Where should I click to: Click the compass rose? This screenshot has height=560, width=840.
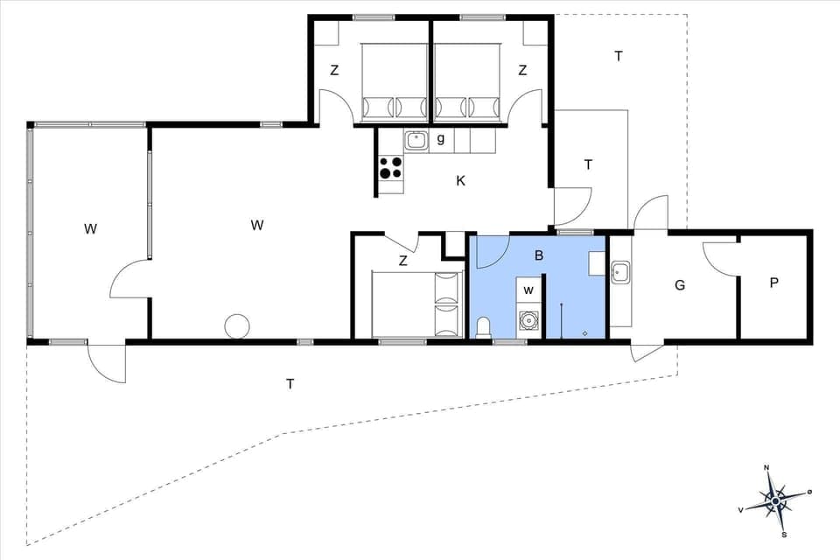click(x=775, y=501)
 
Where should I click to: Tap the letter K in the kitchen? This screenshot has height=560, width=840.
click(x=460, y=181)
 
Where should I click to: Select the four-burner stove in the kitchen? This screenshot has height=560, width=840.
click(x=391, y=166)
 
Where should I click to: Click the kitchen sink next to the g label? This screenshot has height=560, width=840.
click(x=416, y=139)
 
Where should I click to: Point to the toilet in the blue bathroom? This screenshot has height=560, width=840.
click(x=484, y=327)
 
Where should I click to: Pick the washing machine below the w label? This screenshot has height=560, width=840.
click(x=528, y=321)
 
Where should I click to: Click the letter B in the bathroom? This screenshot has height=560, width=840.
click(x=539, y=255)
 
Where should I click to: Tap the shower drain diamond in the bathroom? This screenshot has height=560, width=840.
click(x=584, y=332)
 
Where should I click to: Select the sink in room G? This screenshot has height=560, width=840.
click(x=621, y=272)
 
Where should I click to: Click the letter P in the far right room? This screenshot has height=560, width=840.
click(x=773, y=284)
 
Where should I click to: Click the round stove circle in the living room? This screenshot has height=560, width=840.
click(x=237, y=326)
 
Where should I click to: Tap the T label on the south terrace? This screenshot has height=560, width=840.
click(x=289, y=383)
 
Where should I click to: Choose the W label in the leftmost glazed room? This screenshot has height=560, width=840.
click(x=90, y=229)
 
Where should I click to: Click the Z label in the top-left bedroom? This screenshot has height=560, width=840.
click(x=334, y=71)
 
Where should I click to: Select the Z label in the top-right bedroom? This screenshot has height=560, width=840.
click(x=522, y=71)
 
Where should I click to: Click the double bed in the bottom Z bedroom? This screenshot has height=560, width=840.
click(x=416, y=304)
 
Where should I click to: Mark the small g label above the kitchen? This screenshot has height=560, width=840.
click(x=441, y=138)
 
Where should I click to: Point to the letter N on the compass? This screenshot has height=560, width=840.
click(x=767, y=467)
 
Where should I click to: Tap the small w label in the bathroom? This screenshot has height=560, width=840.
click(x=528, y=290)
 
